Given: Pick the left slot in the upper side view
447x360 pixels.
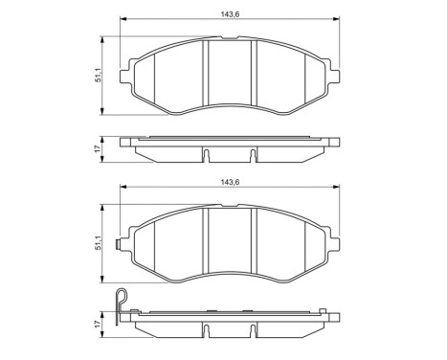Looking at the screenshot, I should (x=207, y=153).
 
